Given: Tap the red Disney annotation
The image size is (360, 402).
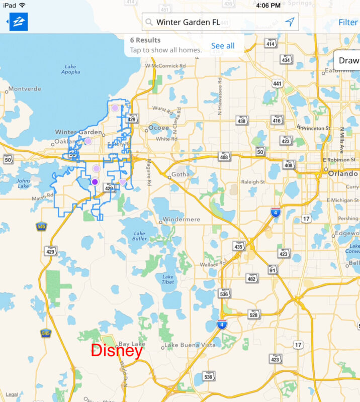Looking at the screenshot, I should click(117, 351).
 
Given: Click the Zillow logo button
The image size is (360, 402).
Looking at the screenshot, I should click(19, 22).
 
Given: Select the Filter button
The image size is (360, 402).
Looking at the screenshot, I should click(348, 22).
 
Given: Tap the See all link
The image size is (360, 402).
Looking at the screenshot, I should click(223, 46).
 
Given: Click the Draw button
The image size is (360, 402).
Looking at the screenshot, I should click(348, 60).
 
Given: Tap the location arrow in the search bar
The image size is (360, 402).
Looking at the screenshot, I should click(290, 22).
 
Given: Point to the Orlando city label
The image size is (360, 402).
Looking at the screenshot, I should click(343, 174).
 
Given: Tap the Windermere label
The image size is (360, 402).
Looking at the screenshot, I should click(182, 220).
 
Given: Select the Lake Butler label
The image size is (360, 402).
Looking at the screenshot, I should click(140, 236).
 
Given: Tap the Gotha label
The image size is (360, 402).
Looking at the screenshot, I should click(181, 175).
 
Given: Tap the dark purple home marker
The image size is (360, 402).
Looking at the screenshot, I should click(95, 182).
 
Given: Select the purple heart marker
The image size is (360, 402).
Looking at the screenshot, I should click(123, 182).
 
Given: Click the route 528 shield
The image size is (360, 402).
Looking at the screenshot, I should click(254, 315).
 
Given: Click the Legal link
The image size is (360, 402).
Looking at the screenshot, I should click(12, 394).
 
